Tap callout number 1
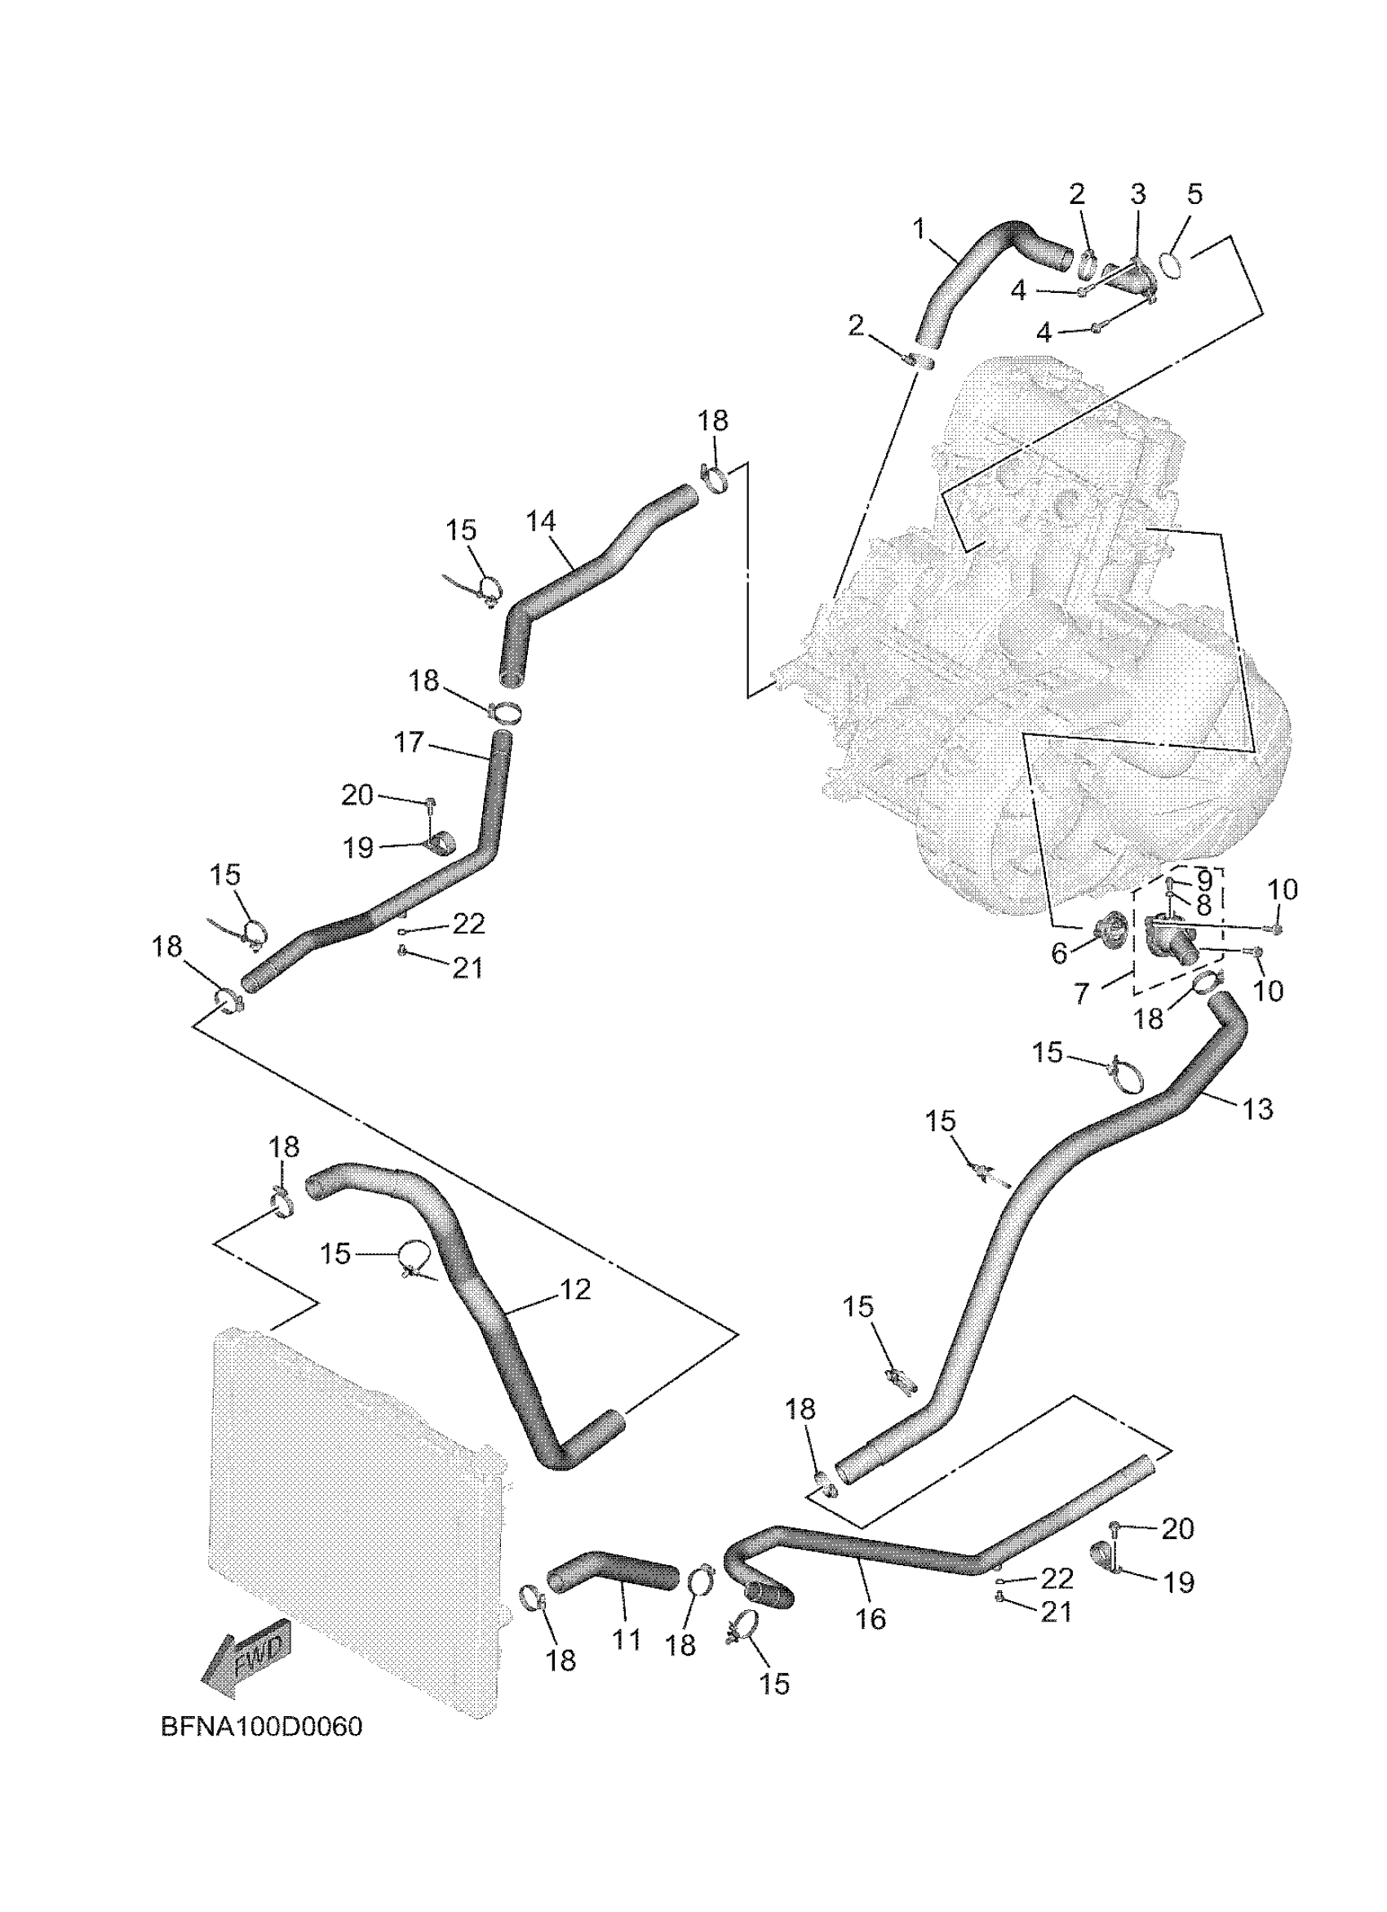tap(919, 228)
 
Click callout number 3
tap(1137, 195)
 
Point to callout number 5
tap(1195, 195)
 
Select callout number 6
tap(1059, 953)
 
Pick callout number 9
tap(1204, 881)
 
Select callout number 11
tap(627, 1639)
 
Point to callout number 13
tap(1257, 1110)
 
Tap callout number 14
tap(541, 521)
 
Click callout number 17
tap(409, 743)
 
